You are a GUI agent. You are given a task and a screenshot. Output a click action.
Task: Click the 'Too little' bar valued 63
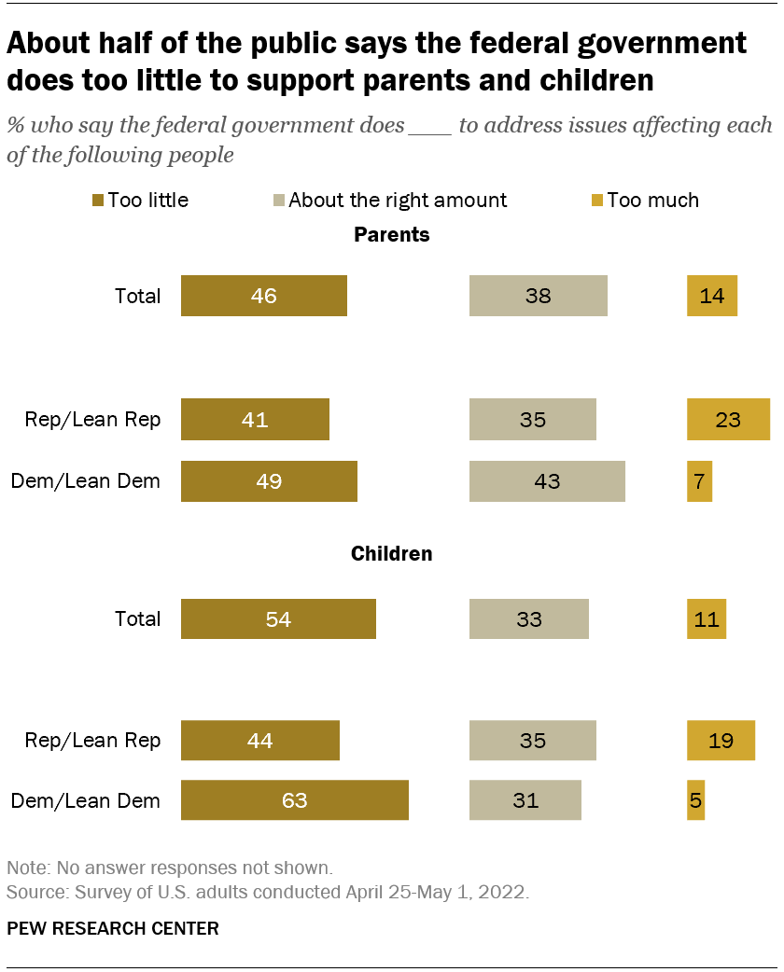pyautogui.click(x=294, y=800)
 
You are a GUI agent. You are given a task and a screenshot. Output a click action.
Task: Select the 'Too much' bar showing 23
pyautogui.click(x=728, y=420)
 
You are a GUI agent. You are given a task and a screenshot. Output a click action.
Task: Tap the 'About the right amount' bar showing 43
pyautogui.click(x=546, y=481)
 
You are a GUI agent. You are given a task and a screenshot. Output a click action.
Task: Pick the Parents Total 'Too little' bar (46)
pyautogui.click(x=263, y=297)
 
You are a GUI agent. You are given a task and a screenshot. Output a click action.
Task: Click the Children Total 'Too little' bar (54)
pyautogui.click(x=278, y=618)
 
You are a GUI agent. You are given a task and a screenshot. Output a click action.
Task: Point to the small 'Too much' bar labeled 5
pyautogui.click(x=695, y=800)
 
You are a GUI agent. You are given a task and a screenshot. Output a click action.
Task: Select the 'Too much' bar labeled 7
pyautogui.click(x=699, y=481)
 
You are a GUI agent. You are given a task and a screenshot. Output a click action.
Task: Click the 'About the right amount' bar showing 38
pyautogui.click(x=538, y=297)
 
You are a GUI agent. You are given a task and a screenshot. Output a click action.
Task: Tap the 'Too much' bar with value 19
pyautogui.click(x=721, y=741)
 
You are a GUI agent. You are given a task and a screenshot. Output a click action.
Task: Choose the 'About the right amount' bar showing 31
pyautogui.click(x=525, y=800)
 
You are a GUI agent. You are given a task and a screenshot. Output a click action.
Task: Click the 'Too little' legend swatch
pyautogui.click(x=97, y=200)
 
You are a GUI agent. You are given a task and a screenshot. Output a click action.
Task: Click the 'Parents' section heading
pyautogui.click(x=392, y=235)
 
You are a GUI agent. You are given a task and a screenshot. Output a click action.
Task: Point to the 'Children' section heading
pyautogui.click(x=392, y=554)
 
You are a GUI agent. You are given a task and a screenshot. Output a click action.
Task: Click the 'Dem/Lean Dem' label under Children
pyautogui.click(x=85, y=800)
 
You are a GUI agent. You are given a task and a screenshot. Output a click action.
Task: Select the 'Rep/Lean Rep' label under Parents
pyautogui.click(x=92, y=420)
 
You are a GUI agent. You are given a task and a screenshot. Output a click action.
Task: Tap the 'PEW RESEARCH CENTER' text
pyautogui.click(x=113, y=928)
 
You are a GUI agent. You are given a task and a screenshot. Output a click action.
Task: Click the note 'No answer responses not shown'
pyautogui.click(x=169, y=867)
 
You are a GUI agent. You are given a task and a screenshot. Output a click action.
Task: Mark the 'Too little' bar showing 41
pyautogui.click(x=255, y=420)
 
